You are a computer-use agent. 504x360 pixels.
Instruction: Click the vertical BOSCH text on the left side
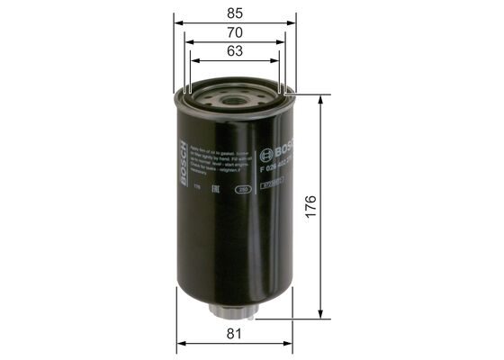tap(186, 164)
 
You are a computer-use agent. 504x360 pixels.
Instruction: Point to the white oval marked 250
tap(241, 189)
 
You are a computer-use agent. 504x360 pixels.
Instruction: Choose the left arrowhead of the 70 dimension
tap(186, 41)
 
